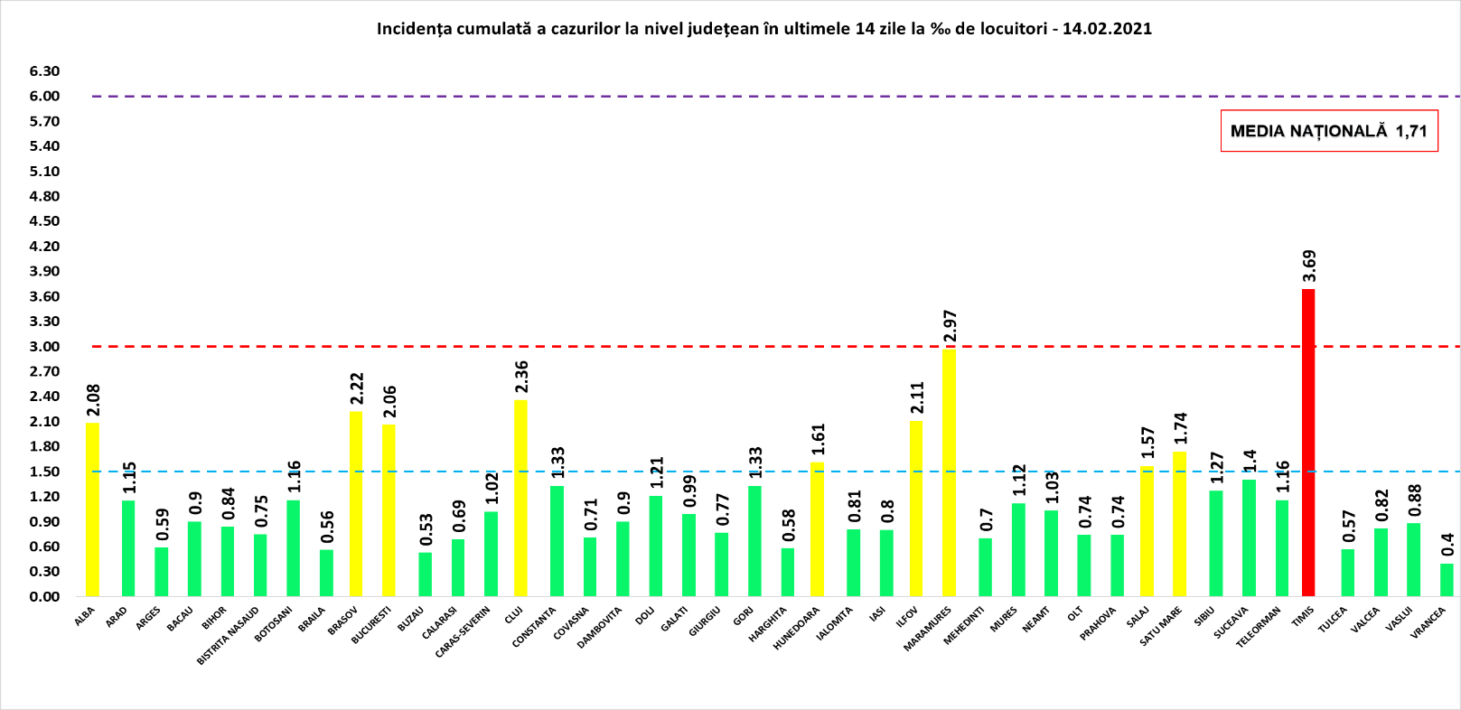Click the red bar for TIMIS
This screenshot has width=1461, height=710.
tap(1307, 443)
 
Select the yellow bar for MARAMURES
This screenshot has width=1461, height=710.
tap(949, 472)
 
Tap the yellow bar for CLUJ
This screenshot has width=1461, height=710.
tap(520, 498)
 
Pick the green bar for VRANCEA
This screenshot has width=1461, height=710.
tap(1447, 580)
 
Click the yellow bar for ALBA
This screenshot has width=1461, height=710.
tap(92, 509)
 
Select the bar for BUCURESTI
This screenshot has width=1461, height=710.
tap(389, 510)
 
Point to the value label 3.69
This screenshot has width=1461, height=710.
tap(1308, 266)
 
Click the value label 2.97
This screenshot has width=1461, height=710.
tap(950, 327)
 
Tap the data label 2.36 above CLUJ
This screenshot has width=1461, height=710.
tap(521, 378)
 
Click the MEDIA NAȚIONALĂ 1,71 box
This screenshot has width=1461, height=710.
tap(1328, 131)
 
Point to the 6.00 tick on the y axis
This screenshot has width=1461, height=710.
tap(44, 97)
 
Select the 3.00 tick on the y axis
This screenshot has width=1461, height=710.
tap(44, 347)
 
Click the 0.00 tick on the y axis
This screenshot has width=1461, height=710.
tap(44, 597)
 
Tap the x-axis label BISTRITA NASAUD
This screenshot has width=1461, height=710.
tap(229, 635)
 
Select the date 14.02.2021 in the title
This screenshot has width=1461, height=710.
tap(1107, 28)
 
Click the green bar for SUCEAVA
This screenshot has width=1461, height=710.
tap(1249, 537)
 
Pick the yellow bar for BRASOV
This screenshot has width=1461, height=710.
tap(356, 504)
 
